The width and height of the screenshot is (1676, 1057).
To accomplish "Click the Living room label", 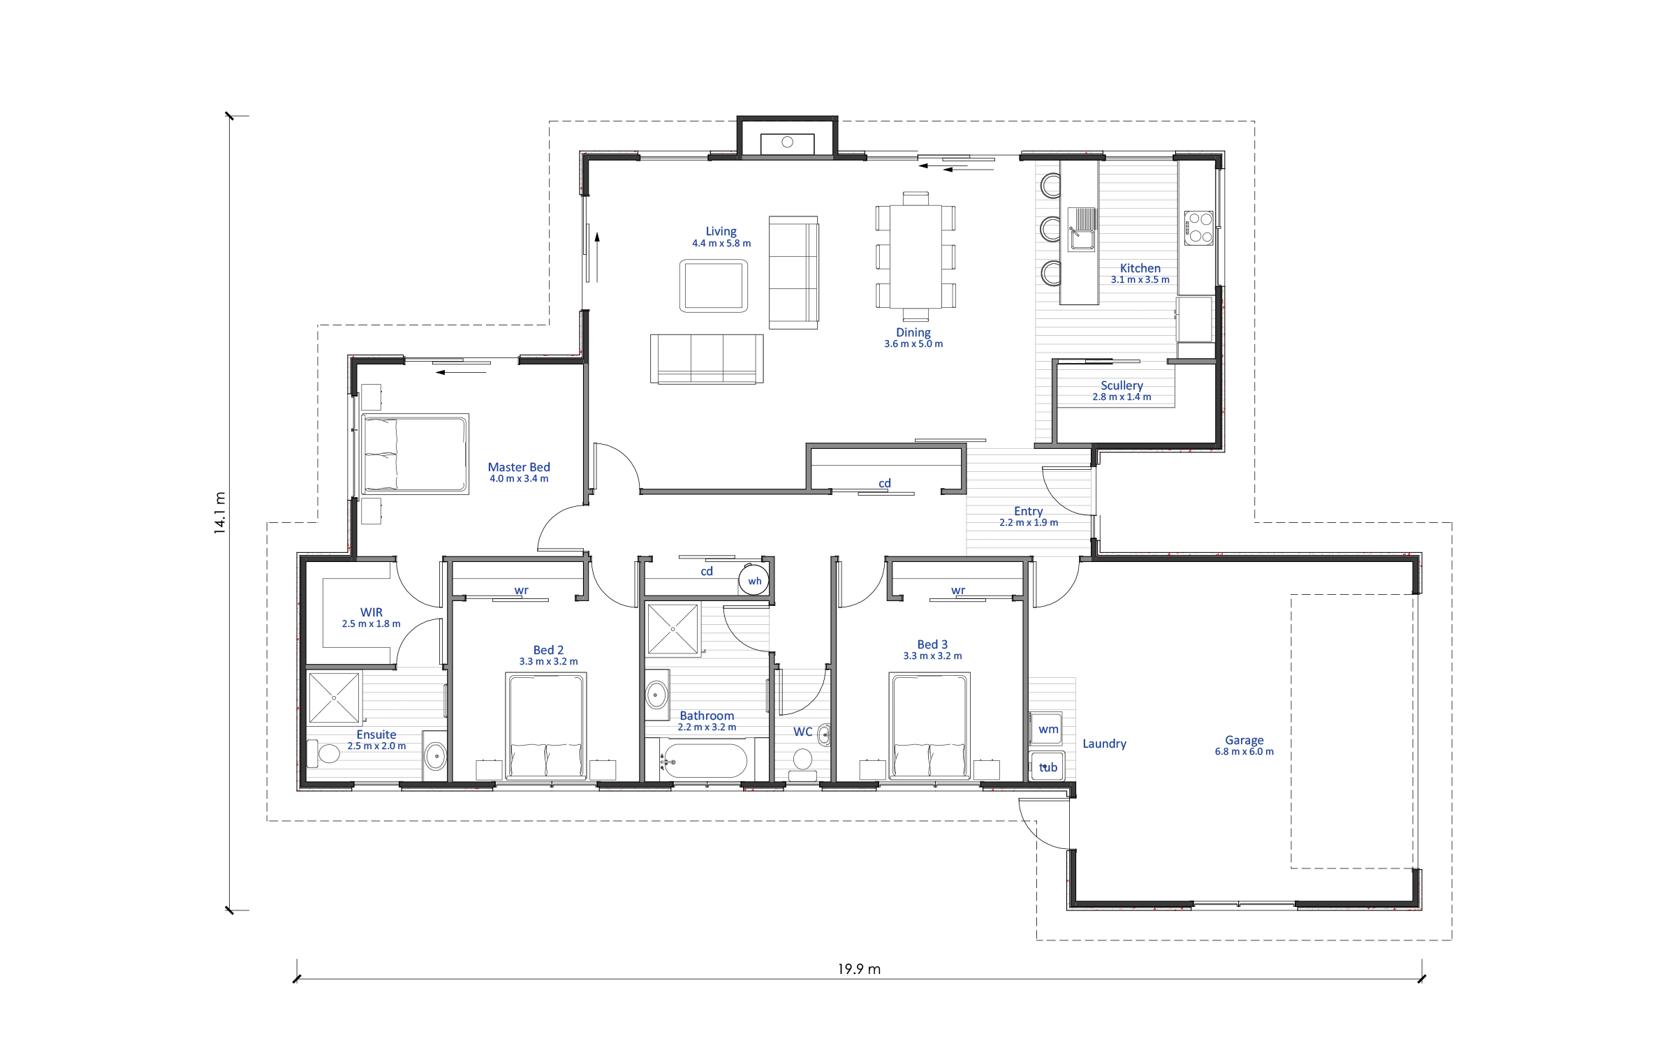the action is [x=721, y=231].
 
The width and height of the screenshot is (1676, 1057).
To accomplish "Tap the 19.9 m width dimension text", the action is [x=859, y=969].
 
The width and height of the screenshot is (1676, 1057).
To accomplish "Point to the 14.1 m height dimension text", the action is [x=220, y=513].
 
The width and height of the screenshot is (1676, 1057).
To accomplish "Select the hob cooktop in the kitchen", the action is [x=1199, y=228].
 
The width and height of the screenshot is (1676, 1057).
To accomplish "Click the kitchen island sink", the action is [x=1082, y=229].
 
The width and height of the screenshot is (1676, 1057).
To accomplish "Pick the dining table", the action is [x=916, y=256].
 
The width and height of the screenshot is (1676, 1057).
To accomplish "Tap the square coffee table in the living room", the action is [x=714, y=286].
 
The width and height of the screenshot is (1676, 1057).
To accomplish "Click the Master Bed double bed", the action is [x=416, y=454].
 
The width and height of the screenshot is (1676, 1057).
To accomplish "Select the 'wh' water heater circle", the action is [x=754, y=580].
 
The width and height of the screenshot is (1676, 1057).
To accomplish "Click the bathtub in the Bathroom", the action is [x=705, y=760].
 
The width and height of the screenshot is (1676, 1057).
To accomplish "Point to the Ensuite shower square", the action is [x=334, y=697].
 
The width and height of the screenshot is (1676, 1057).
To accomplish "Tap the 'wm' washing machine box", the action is [x=1047, y=730].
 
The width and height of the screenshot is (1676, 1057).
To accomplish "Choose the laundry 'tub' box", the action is [x=1047, y=767].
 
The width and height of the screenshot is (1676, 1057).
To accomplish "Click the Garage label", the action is [x=1244, y=740].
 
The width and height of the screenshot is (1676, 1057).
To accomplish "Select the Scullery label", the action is [x=1122, y=385].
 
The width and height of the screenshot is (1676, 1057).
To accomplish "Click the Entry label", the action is [x=1028, y=511].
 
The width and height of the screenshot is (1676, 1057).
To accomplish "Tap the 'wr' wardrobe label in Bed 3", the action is [x=958, y=591].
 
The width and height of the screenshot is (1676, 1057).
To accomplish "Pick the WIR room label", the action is [x=372, y=612].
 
